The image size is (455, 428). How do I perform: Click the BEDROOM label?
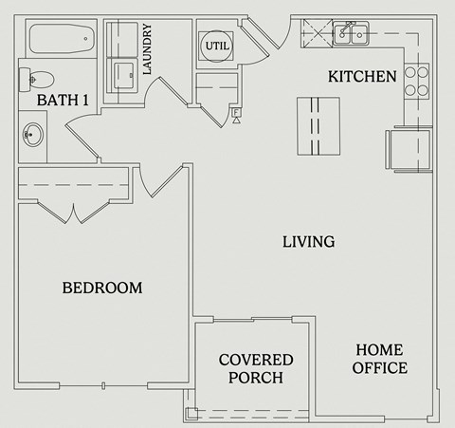102,288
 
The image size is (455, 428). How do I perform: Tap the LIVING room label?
308,242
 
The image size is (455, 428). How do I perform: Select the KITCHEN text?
362,76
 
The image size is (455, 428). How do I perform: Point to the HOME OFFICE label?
380,359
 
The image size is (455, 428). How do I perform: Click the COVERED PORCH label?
255,368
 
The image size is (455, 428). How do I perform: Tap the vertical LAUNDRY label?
148,50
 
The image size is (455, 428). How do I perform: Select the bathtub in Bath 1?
60,40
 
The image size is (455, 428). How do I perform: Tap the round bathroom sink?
33,133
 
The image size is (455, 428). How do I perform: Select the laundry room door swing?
158,93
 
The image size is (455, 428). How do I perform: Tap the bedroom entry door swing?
156,180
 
